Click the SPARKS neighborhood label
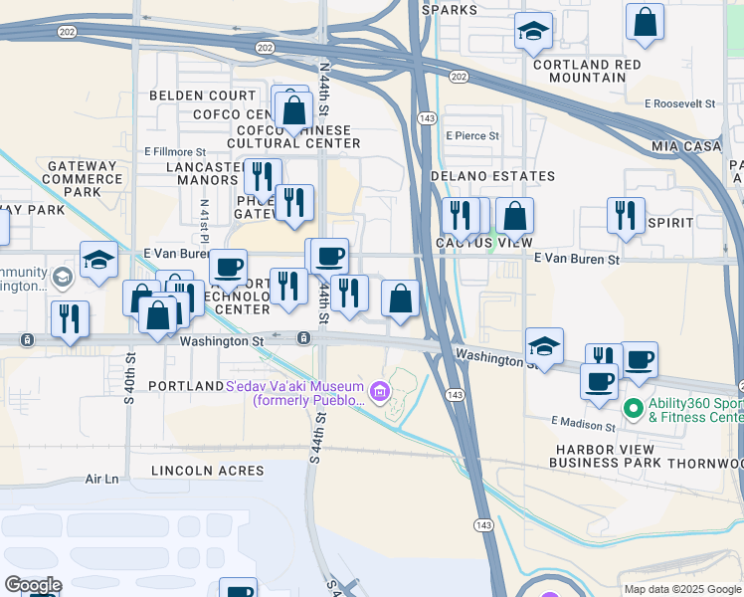coord(450,10)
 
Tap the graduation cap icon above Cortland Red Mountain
coord(534,32)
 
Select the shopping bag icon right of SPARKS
coord(645,22)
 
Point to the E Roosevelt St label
coord(680,103)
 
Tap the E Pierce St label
coord(472,136)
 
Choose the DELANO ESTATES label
coord(492,176)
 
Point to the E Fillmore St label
coord(175,151)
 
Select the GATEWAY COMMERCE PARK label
coord(84,179)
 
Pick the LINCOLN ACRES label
coord(208,470)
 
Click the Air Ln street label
coord(101,479)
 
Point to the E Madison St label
coord(585,424)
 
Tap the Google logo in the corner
coord(32,585)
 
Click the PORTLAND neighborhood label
coord(185,385)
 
